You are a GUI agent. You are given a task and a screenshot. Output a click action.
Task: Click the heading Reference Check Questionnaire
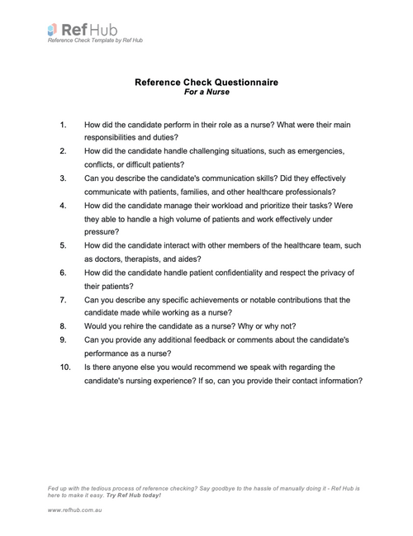[x=206, y=83]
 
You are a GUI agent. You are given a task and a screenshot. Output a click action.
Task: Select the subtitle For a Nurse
[x=206, y=93]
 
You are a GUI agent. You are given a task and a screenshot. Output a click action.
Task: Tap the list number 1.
[x=64, y=124]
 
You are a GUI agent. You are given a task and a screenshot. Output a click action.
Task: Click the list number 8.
[x=64, y=325]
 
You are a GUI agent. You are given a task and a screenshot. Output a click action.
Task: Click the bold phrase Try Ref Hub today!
[x=131, y=496]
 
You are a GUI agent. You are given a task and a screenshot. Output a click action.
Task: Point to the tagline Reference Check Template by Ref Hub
[x=95, y=40]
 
